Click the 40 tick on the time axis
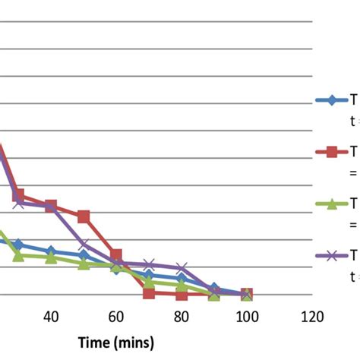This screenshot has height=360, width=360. (x=51, y=316)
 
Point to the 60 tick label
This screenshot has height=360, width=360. (x=116, y=316)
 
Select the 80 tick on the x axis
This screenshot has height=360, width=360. (x=181, y=316)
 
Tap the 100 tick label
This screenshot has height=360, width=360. (x=245, y=316)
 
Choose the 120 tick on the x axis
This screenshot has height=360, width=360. (x=310, y=316)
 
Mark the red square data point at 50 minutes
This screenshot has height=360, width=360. (x=84, y=217)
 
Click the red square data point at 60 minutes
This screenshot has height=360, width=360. (x=116, y=255)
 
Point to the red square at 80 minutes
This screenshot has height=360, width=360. (x=181, y=294)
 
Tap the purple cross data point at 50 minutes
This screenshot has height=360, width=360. (x=84, y=245)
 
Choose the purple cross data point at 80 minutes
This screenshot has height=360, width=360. (x=181, y=269)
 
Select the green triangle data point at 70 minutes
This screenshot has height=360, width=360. (x=149, y=283)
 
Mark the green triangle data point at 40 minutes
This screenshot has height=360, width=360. (x=51, y=258)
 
